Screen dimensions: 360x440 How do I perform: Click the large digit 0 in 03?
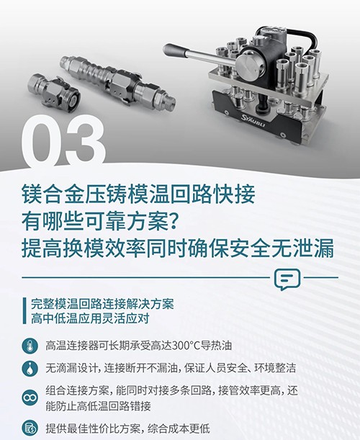42,143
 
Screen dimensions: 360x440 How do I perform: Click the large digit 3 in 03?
86,142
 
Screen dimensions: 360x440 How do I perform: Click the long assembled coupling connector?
118,82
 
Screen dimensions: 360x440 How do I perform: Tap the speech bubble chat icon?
287,279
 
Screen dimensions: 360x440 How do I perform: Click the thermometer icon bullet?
30,346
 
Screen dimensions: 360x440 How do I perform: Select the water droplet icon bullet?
30,368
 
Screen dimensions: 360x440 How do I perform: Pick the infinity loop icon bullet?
30,398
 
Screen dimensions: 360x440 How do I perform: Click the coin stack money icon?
30,428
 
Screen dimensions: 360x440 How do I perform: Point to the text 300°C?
186,346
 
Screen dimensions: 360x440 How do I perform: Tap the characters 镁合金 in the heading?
53,194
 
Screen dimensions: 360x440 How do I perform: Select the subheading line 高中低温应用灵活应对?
89,318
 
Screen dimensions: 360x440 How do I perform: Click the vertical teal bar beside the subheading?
24,310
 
